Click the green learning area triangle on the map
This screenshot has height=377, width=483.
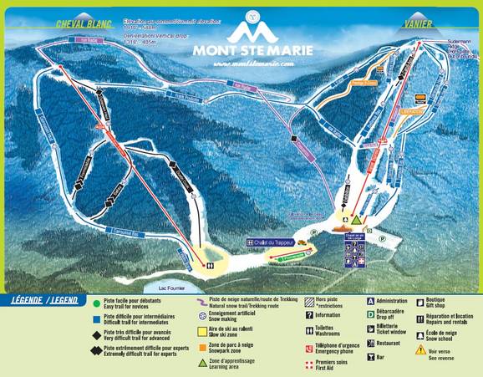click(355, 221)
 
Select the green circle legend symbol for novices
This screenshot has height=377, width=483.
click(97, 303)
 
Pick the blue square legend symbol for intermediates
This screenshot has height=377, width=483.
click(97, 318)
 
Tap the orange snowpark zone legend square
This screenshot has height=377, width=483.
click(202, 346)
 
